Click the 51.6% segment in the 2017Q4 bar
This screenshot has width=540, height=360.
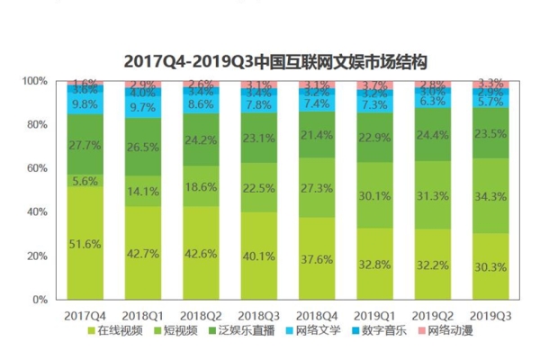[x=86, y=243]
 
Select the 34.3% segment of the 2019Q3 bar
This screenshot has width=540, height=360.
[x=490, y=195]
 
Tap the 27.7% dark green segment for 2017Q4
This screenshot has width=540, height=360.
[x=86, y=144]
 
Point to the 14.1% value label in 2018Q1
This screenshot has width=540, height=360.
[x=144, y=190]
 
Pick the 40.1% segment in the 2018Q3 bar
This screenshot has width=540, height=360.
[x=259, y=255]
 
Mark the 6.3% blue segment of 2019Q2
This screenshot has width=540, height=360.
[x=432, y=102]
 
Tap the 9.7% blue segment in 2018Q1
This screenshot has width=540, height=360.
[x=144, y=107]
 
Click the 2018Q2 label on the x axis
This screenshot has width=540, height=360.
[x=202, y=316]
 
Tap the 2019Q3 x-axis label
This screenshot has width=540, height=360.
[x=490, y=316]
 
